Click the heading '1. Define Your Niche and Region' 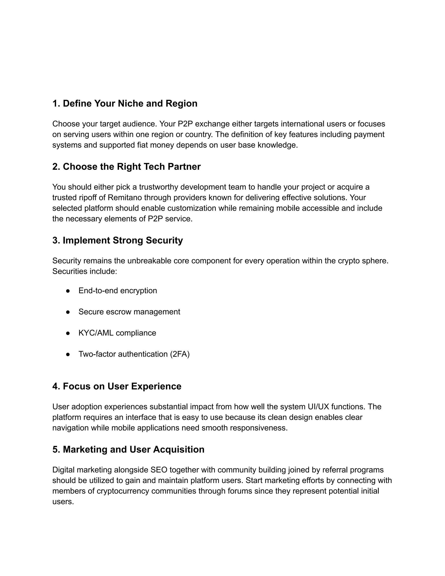pyautogui.click(x=125, y=103)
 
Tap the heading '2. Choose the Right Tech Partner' pyautogui.click(x=126, y=167)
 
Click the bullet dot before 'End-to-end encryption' pyautogui.click(x=68, y=291)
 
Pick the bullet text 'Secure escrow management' pyautogui.click(x=129, y=312)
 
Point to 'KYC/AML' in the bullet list pyautogui.click(x=96, y=333)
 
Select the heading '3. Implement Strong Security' pyautogui.click(x=117, y=240)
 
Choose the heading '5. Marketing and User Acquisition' pyautogui.click(x=128, y=449)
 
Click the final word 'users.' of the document pyautogui.click(x=63, y=502)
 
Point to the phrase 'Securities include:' pyautogui.click(x=84, y=271)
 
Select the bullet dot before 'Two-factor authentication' pyautogui.click(x=68, y=354)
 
